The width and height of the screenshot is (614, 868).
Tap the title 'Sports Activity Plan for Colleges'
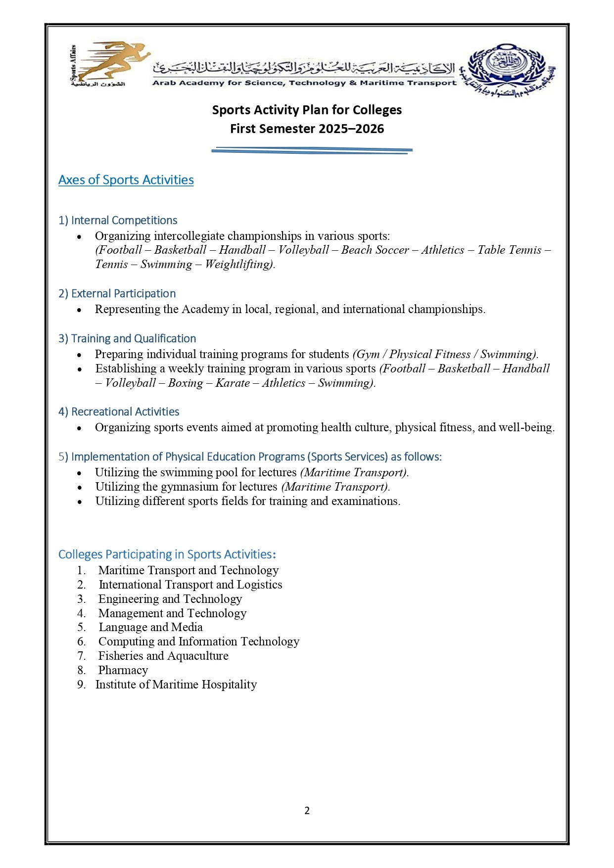[x=307, y=110]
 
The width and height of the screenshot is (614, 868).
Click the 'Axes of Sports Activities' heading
[x=126, y=180]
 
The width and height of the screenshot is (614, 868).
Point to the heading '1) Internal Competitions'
[x=118, y=220]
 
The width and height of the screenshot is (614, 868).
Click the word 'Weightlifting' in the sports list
[x=239, y=264]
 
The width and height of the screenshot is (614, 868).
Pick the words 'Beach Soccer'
[x=375, y=250]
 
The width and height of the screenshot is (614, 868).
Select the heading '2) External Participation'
[x=117, y=293]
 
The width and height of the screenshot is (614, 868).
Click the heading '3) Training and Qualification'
[x=127, y=338]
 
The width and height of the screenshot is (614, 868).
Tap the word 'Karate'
[x=233, y=383]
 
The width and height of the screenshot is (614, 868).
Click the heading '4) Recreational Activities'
[x=119, y=411]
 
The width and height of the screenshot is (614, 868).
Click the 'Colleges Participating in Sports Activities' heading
[x=167, y=554]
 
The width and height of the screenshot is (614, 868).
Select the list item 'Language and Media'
[x=150, y=627]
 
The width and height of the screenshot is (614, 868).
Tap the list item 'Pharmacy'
[x=123, y=670]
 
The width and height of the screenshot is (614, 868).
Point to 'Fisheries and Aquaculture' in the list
[x=163, y=656]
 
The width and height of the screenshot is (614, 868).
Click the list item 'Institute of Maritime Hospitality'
[x=176, y=685]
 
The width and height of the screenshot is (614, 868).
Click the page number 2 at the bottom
[x=307, y=811]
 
